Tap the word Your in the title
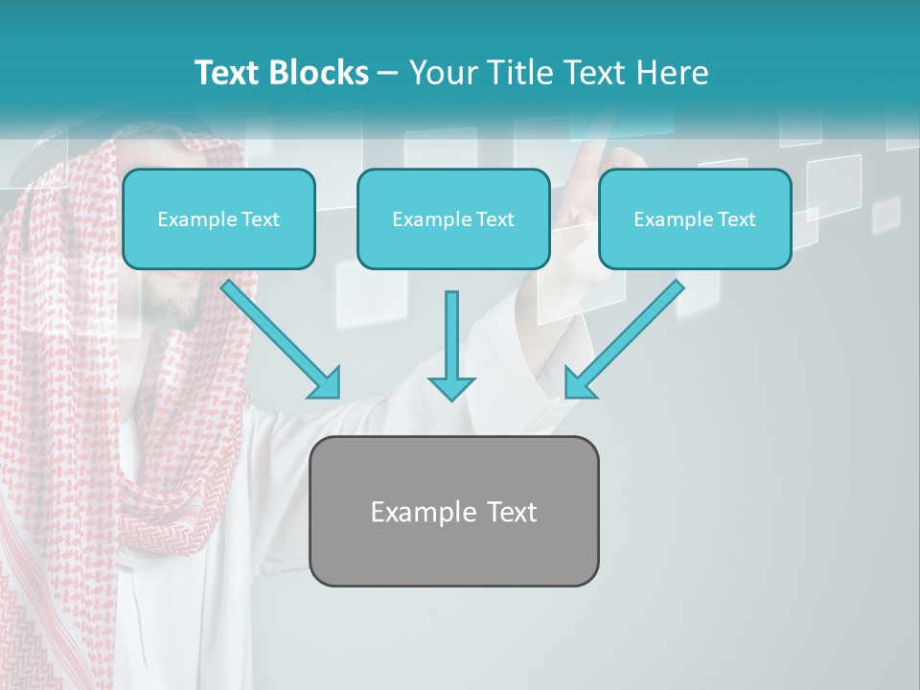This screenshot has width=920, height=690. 441,73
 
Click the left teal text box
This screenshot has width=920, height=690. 218,219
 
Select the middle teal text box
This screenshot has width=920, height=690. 453,219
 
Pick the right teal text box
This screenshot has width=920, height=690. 695,219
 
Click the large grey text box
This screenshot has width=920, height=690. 453,511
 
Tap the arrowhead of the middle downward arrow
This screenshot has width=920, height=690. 451,387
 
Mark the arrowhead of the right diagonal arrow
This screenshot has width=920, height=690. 578,383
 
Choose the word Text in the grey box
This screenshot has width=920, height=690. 511,512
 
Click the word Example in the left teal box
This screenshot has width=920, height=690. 194,219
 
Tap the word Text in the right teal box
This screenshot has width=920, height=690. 735,219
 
